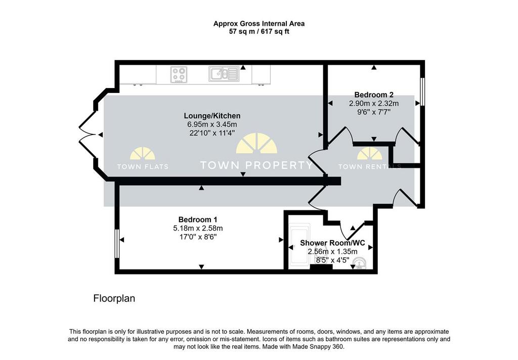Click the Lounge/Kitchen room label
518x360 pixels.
coord(212,116)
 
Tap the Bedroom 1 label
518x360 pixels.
coord(198,219)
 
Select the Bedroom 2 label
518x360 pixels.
coord(374,95)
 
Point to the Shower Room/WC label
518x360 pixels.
coord(332,243)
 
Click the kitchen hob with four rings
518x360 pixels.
coord(179,74)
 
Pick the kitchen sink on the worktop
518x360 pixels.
coord(224,74)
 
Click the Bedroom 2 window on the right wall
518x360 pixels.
coord(422,92)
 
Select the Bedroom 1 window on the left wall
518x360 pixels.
coord(117,243)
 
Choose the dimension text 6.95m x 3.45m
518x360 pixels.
coord(212,124)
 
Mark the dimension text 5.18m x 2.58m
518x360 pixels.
coord(198,228)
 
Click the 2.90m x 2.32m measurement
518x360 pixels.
coord(374,103)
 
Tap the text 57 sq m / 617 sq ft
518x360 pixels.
coord(260,32)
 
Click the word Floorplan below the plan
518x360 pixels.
coord(114,299)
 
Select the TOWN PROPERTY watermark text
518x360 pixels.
coord(256,165)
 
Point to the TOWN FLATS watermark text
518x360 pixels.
coord(143,167)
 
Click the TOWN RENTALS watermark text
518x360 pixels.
coord(370,167)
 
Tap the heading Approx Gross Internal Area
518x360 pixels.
coord(259,24)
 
